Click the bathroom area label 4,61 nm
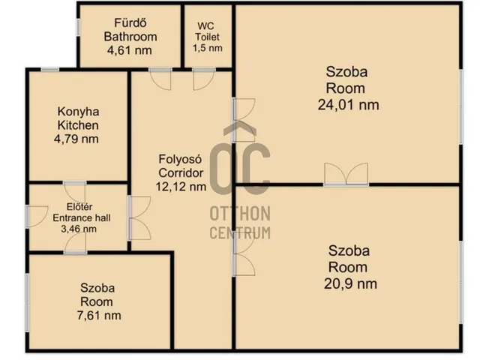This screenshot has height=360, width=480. (130, 50)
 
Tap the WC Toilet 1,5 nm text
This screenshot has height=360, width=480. (207, 37)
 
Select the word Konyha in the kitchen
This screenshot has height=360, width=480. (78, 112)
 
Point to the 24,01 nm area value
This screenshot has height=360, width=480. (348, 105)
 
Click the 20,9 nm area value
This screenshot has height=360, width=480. (350, 283)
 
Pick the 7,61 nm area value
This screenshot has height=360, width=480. (99, 315)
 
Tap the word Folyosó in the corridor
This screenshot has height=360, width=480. (180, 160)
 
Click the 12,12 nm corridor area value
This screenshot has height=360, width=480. (181, 187)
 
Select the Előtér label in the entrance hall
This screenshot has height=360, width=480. (79, 207)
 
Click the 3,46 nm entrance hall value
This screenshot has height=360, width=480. (79, 229)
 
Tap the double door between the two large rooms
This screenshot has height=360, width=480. (346, 175)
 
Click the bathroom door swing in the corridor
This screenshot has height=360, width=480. (160, 79)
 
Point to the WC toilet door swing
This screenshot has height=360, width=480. (204, 79)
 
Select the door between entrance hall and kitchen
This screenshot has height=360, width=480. (75, 192)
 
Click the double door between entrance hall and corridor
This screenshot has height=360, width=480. (139, 218)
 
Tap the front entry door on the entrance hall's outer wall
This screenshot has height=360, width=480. (37, 217)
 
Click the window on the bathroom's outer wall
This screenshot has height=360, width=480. (78, 27)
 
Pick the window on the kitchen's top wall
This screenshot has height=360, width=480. (50, 70)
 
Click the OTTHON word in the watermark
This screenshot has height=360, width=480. (240, 213)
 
